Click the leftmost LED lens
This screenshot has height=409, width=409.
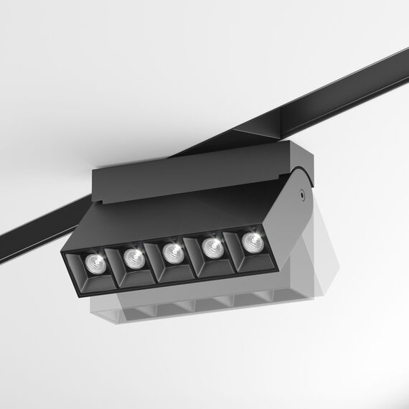(x=93, y=263)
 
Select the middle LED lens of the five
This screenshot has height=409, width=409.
(x=171, y=251)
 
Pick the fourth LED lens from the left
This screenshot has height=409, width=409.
(x=212, y=247)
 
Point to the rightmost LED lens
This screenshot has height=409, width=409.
(x=250, y=240)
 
